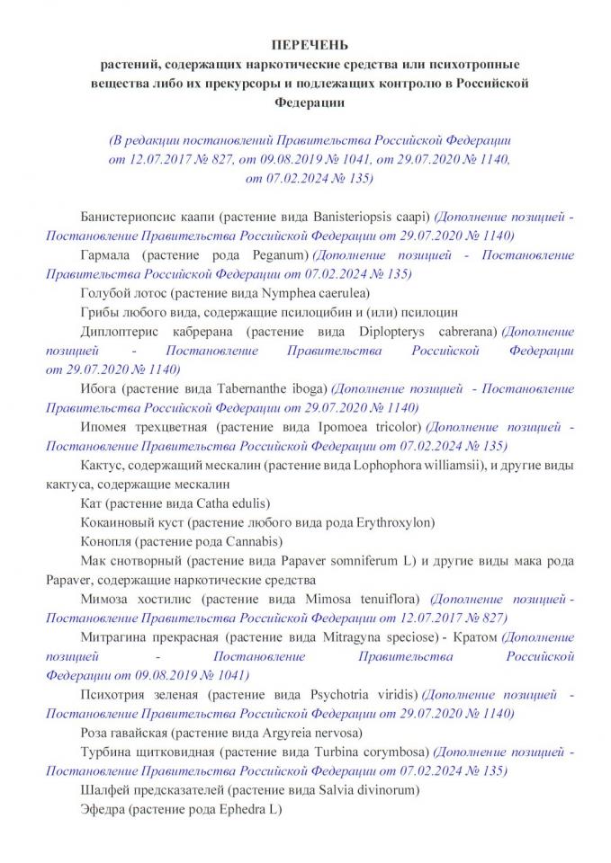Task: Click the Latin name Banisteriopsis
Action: pyautogui.click(x=354, y=218)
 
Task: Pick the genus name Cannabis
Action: pyautogui.click(x=252, y=541)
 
